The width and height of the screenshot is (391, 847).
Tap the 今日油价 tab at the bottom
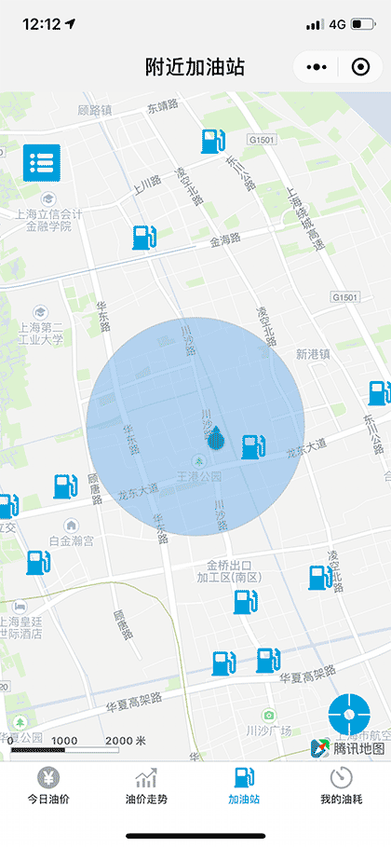tap(48, 787)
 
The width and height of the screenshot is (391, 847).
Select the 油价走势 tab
tap(146, 787)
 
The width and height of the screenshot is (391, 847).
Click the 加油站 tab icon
tap(244, 778)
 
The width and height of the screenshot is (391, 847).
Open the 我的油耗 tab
tap(342, 787)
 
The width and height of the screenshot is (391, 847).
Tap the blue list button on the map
tap(42, 163)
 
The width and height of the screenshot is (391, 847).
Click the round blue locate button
tap(349, 715)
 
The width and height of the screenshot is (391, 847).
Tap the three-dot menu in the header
tap(317, 67)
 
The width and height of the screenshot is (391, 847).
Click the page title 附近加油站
tap(195, 67)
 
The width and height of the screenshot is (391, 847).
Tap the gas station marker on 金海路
tap(143, 237)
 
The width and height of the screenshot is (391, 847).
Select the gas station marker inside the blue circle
tap(251, 447)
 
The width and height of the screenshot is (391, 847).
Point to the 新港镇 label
tap(313, 354)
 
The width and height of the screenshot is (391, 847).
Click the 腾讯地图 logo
tap(347, 748)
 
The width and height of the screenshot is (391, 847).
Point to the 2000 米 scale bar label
tap(126, 741)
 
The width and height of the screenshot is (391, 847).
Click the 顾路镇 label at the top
tap(95, 110)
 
